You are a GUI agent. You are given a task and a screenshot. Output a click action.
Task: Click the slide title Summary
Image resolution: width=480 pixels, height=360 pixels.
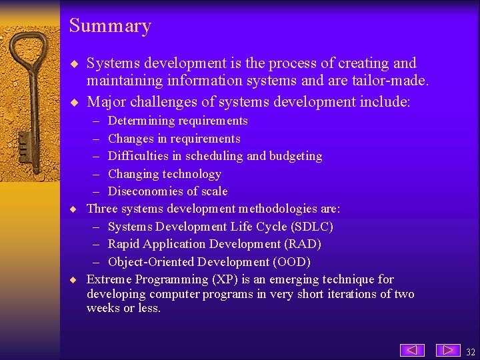tap(110, 26)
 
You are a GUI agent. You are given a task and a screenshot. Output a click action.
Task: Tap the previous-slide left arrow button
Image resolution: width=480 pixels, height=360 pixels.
tap(412, 350)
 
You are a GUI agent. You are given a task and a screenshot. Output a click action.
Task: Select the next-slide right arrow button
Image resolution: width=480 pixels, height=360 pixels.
tap(448, 350)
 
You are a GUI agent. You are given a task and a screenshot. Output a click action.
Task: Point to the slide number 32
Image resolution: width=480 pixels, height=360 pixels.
tap(471, 351)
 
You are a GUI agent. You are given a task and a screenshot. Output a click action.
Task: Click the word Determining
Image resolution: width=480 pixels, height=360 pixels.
tap(139, 121)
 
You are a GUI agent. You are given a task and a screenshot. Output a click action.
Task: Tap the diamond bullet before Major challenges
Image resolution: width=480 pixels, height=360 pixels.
tap(75, 103)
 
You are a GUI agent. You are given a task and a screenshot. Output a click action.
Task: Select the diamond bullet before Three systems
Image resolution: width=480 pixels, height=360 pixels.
tap(75, 209)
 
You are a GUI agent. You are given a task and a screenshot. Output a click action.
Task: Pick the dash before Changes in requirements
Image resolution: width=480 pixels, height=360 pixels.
tap(95, 139)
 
